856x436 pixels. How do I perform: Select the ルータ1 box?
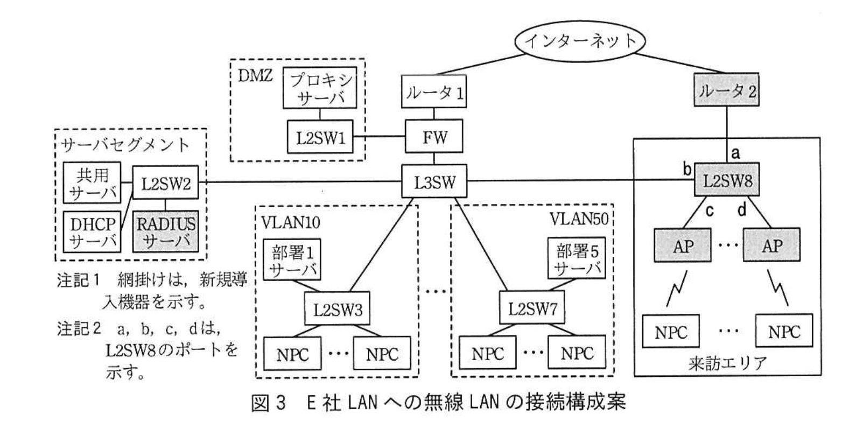tap(434, 93)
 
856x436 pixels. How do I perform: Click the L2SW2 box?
tap(166, 183)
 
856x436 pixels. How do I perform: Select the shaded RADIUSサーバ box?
tap(166, 231)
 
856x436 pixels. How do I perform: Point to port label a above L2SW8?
tap(735, 153)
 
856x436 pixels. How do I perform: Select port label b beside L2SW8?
tap(687, 170)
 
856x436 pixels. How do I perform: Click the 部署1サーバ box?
tap(292, 261)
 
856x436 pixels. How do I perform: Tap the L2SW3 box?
tap(338, 310)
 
